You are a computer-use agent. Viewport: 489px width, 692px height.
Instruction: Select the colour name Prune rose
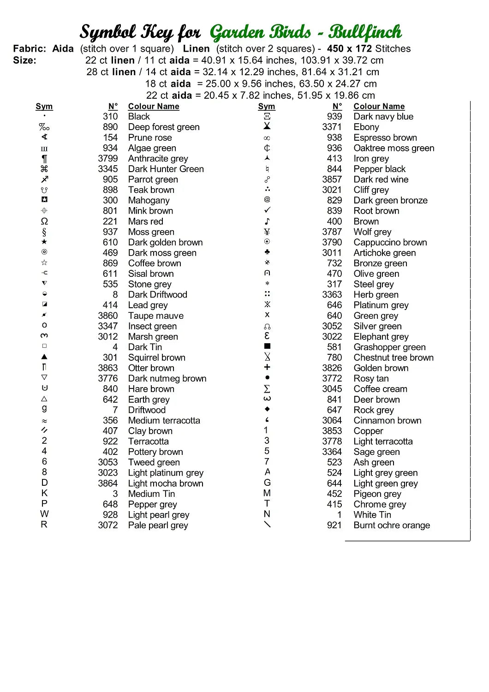pos(150,137)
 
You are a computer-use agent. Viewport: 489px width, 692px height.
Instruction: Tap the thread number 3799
pos(107,159)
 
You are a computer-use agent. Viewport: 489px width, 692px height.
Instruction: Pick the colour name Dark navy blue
pos(383,117)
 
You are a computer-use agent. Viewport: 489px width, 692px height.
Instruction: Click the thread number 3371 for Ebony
pos(332,127)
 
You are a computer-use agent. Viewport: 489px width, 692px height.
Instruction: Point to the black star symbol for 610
pos(44,242)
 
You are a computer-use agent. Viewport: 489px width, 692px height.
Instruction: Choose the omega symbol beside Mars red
pos(44,221)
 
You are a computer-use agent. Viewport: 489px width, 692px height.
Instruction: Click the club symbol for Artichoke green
pos(267,252)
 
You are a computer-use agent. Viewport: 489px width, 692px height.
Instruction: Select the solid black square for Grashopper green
pos(267,346)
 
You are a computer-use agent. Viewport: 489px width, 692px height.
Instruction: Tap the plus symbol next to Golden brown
pos(267,367)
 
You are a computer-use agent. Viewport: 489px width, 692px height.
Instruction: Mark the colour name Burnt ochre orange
pos(392,525)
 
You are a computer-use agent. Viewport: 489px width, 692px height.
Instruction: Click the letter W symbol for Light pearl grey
pos(44,514)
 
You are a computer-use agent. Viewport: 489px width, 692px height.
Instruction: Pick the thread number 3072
pos(107,525)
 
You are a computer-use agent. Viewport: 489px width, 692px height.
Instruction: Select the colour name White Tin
pos(372,515)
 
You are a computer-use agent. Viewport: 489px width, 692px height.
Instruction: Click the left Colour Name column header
pos(154,107)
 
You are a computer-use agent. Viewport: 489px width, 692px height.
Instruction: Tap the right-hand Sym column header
pos(267,107)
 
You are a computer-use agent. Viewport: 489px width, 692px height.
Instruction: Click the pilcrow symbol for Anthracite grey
pos(44,159)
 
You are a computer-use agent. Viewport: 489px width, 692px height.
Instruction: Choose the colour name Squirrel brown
pos(157,358)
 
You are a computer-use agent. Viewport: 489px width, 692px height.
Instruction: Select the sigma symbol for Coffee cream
pos(267,388)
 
